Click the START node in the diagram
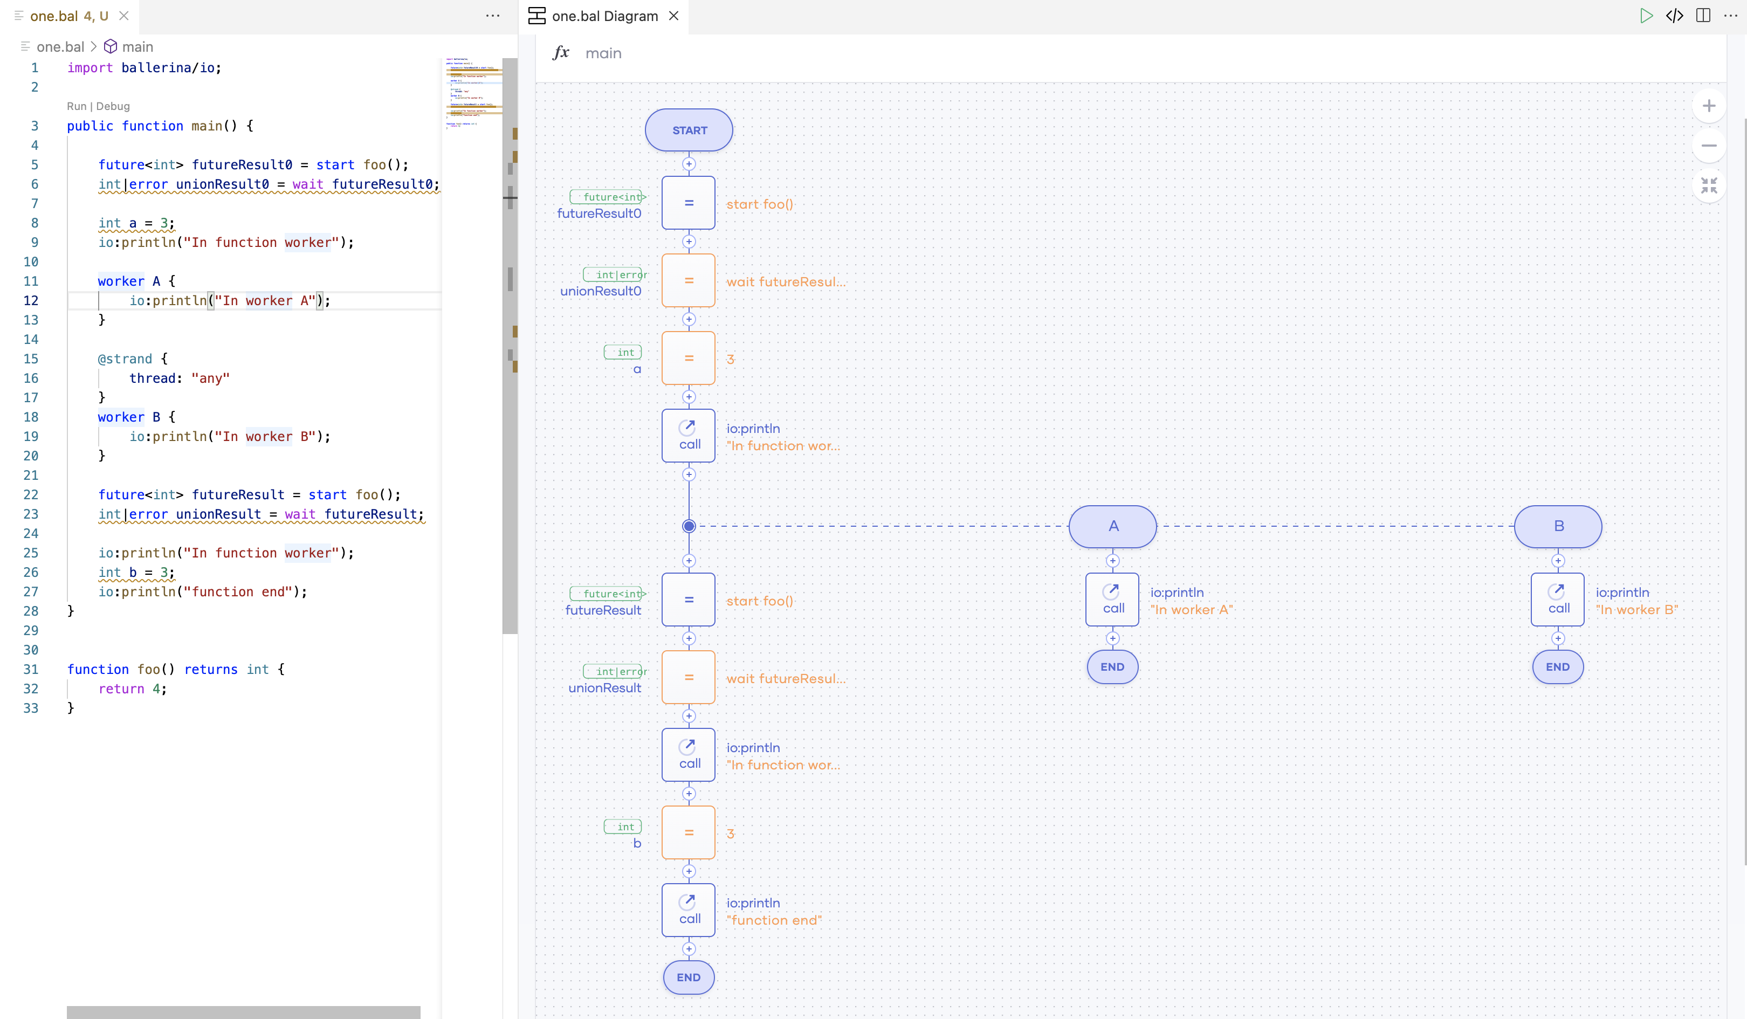pos(689,130)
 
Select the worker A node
pos(1113,526)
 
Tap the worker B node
pos(1558,526)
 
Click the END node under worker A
pos(1112,667)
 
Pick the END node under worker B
pos(1557,667)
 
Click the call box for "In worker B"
pos(1557,600)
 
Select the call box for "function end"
pos(689,910)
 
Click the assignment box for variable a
pos(689,359)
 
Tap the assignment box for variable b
pos(689,832)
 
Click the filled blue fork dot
pos(689,526)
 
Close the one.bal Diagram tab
pos(673,16)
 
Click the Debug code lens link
pos(113,106)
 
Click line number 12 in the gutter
pos(31,301)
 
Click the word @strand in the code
pos(125,359)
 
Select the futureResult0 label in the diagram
pos(599,214)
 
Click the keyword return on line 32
pos(121,689)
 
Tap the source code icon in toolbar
pos(1674,16)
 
